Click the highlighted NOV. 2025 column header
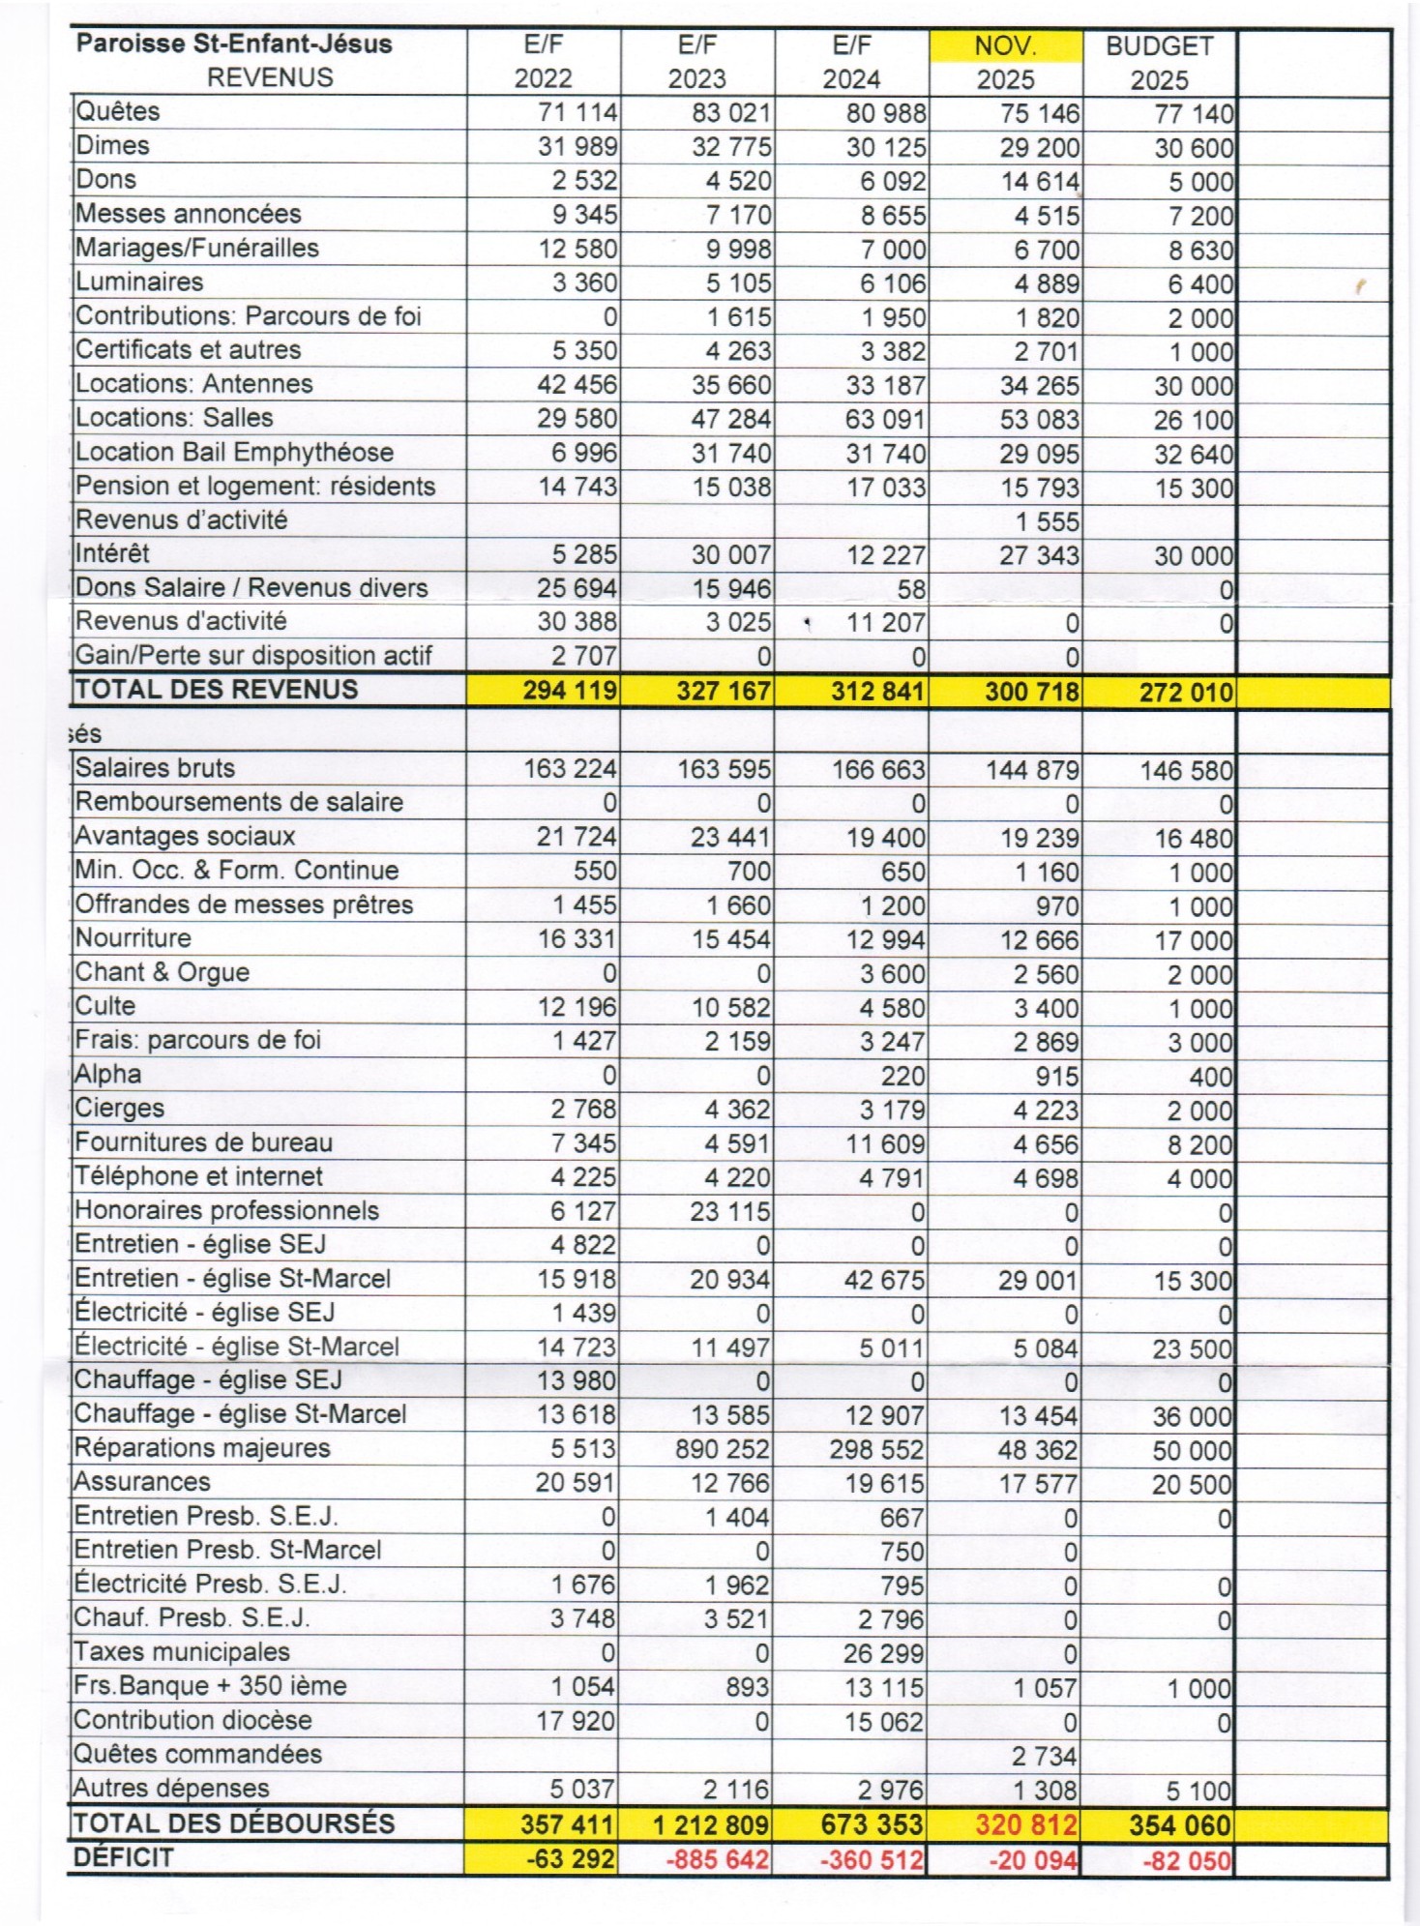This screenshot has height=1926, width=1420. point(1005,61)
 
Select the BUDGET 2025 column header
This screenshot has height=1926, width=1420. point(1159,62)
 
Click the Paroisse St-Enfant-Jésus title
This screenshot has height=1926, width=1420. point(234,44)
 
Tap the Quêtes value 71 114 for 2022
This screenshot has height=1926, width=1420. point(577,113)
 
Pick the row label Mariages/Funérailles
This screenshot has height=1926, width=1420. point(197,249)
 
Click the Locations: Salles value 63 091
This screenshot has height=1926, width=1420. point(886,420)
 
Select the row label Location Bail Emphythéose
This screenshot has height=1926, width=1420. point(234,453)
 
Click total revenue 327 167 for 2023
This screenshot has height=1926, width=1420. point(723,692)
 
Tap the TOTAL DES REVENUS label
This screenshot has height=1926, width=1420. point(217,690)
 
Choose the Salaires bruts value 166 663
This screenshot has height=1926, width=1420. point(878,770)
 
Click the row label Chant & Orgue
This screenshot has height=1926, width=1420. point(163,972)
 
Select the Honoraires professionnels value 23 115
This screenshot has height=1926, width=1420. point(729,1211)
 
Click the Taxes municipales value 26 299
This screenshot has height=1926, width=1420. point(884,1653)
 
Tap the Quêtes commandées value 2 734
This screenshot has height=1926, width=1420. point(1045,1756)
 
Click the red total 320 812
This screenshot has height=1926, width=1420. point(1025,1825)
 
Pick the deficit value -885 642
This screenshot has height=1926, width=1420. point(718,1859)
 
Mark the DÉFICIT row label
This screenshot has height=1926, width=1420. point(124,1857)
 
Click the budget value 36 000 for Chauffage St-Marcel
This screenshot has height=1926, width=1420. point(1192,1417)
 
